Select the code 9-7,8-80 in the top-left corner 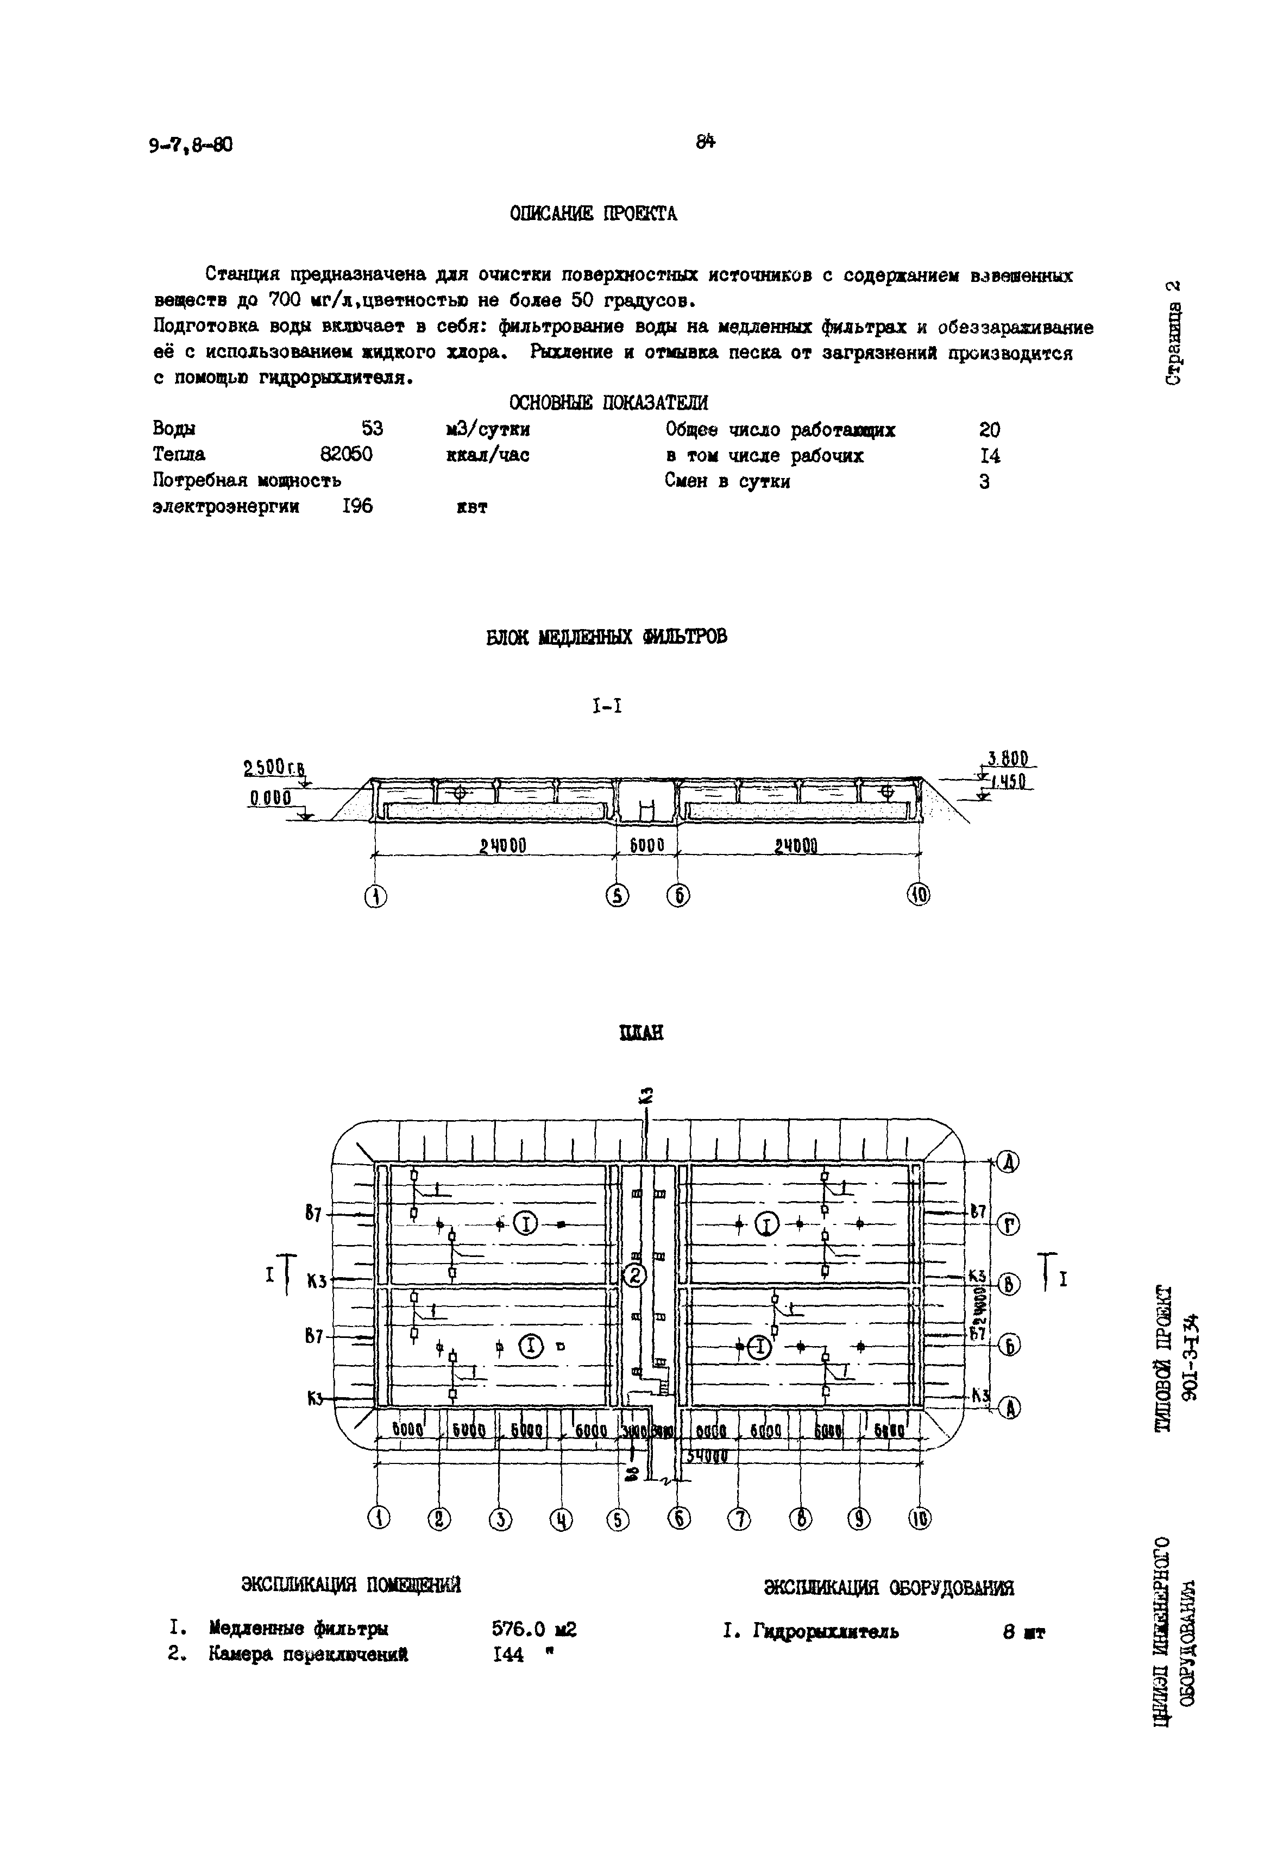pyautogui.click(x=191, y=144)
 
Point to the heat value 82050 pyautogui.click(x=345, y=455)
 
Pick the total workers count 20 pyautogui.click(x=990, y=430)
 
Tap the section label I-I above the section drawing pyautogui.click(x=607, y=707)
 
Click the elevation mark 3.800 pyautogui.click(x=1010, y=759)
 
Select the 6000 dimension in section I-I pyautogui.click(x=646, y=846)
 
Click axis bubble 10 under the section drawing pyautogui.click(x=920, y=895)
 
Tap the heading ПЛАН pyautogui.click(x=641, y=1033)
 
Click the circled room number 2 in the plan pyautogui.click(x=635, y=1275)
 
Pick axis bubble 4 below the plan pyautogui.click(x=561, y=1519)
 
